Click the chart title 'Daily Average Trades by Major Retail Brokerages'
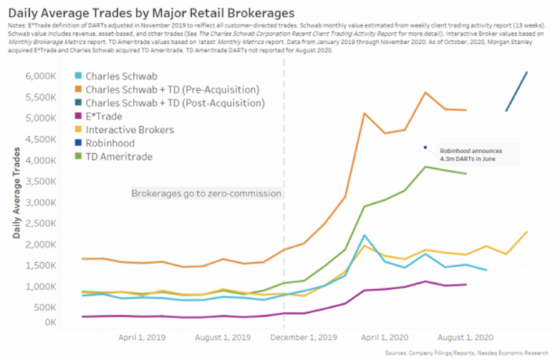pyautogui.click(x=149, y=13)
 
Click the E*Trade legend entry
pyautogui.click(x=113, y=116)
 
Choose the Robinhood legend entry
pyautogui.click(x=119, y=143)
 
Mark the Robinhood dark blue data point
pyautogui.click(x=425, y=147)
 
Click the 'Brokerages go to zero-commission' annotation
pyautogui.click(x=206, y=193)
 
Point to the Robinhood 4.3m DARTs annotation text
pyautogui.click(x=470, y=154)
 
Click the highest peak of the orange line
pyautogui.click(x=425, y=93)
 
